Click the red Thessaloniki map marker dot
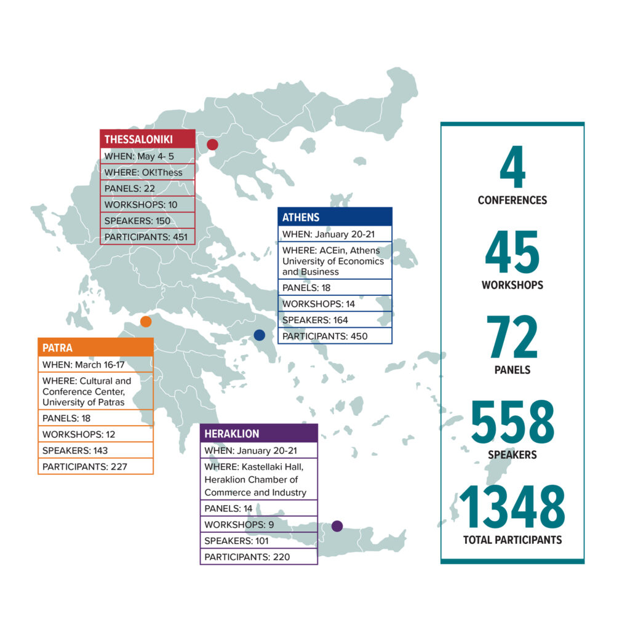[x=212, y=145]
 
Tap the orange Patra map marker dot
[x=146, y=321]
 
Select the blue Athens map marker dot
[x=259, y=335]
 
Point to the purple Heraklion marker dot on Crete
[x=337, y=526]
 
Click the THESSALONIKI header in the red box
[x=138, y=139]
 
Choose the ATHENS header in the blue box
[x=301, y=217]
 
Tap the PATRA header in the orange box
[x=57, y=348]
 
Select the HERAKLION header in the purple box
[x=232, y=434]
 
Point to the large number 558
[x=512, y=424]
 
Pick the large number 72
[x=512, y=337]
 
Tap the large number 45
[x=512, y=253]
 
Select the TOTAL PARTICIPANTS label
[x=512, y=540]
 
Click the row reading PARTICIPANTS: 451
[x=147, y=237]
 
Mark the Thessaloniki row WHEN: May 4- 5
[x=147, y=156]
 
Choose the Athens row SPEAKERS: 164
[x=335, y=319]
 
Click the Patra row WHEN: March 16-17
[x=95, y=365]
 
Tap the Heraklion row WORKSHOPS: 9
[x=258, y=525]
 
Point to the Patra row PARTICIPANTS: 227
[x=95, y=466]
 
